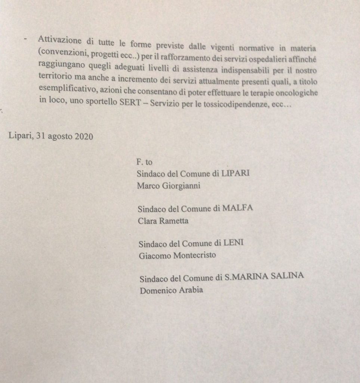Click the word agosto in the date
59,137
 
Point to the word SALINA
289,277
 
